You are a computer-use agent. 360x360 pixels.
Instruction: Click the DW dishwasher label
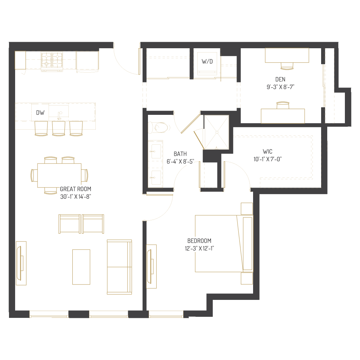coord(40,113)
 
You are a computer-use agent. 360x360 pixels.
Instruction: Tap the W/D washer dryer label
coord(207,62)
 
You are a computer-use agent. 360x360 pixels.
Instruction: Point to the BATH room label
coord(180,154)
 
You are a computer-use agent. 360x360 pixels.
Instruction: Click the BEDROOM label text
coord(199,241)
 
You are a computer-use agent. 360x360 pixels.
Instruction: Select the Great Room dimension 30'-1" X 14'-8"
coord(75,196)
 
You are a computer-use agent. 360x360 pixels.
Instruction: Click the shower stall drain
coord(217,132)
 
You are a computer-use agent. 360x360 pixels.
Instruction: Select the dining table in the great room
coord(59,175)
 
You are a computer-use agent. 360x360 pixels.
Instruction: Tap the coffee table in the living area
coord(81,267)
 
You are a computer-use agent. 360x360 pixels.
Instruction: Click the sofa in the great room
coord(119,267)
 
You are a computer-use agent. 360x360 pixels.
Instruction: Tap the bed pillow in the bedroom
coord(247,243)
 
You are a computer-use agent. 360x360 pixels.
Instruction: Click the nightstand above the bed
coord(247,209)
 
